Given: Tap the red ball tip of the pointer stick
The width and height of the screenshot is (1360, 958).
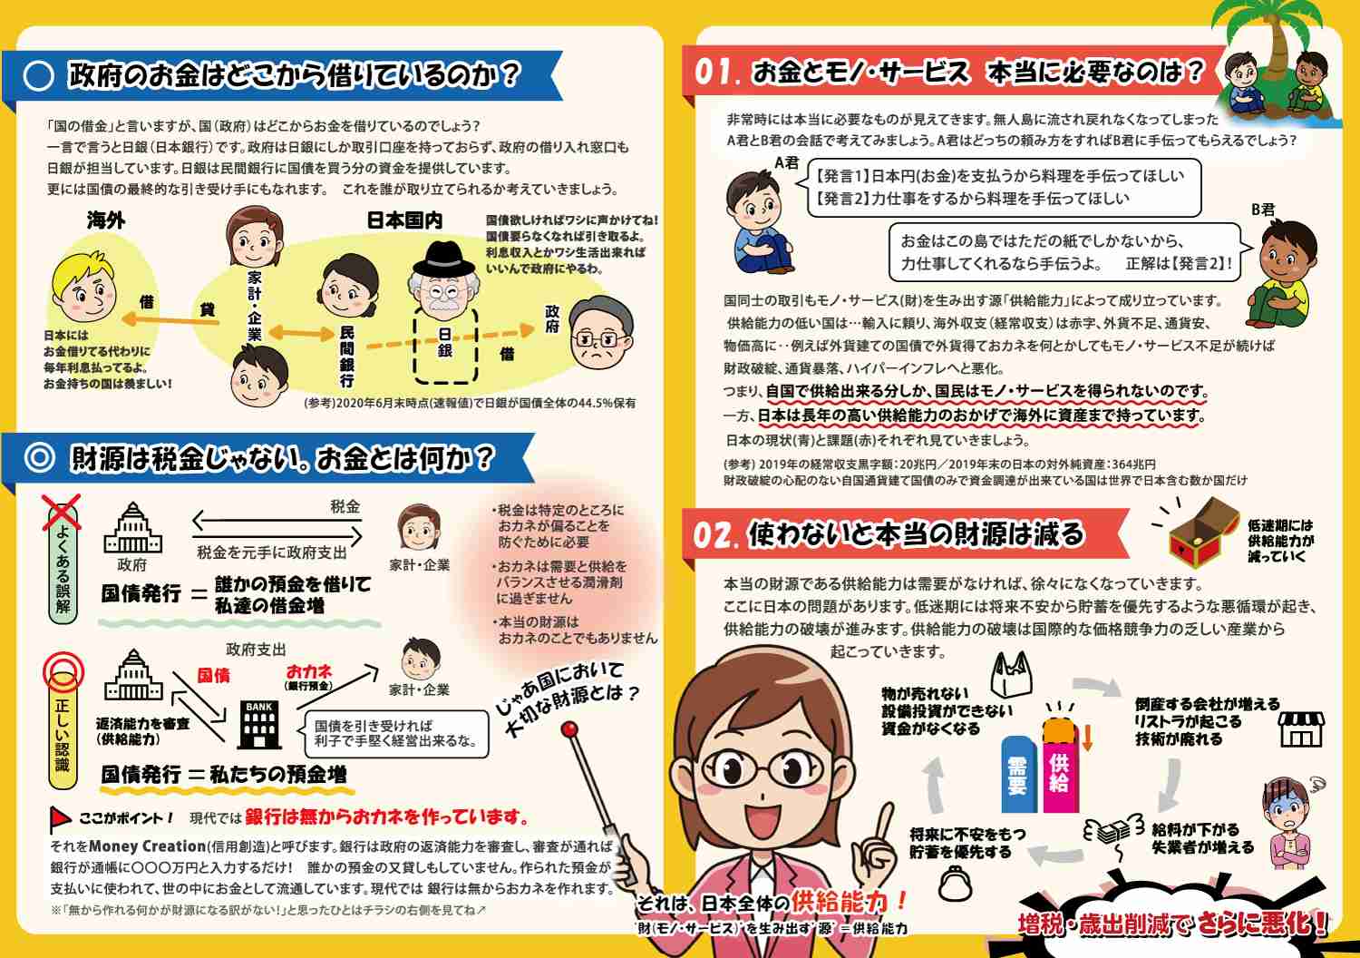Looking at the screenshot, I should pos(570,729).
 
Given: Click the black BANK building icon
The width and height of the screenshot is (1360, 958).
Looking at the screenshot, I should pos(259,724).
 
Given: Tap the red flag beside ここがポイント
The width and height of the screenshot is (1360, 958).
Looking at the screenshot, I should pos(60,819).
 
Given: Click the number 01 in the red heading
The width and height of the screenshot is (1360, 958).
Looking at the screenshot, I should pos(717,72).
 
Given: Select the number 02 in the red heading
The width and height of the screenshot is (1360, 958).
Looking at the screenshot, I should pos(715,535).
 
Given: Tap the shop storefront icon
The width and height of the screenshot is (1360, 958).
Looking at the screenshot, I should pos(1300,728).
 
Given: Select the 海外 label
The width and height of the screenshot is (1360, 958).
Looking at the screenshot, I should pos(106,220).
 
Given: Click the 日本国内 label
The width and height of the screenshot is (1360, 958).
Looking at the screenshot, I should pos(404,220).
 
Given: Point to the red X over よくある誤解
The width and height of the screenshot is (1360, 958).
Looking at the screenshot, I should pos(63,513).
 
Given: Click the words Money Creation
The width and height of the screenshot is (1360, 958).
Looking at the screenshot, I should pos(147,846).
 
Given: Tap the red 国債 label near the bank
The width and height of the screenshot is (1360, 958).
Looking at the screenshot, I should pos(214,676).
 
